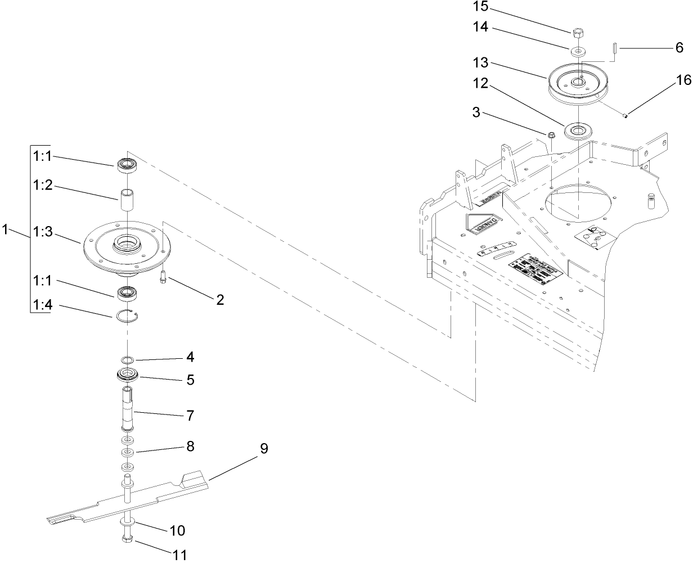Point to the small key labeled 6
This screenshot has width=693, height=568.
[616, 48]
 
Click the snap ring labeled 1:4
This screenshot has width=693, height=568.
[128, 316]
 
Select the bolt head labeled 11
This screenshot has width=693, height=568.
[127, 540]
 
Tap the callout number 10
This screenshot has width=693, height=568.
[177, 530]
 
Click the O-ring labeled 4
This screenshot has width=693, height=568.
[128, 360]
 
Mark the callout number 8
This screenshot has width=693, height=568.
[190, 446]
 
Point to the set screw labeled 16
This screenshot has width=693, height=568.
[624, 116]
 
